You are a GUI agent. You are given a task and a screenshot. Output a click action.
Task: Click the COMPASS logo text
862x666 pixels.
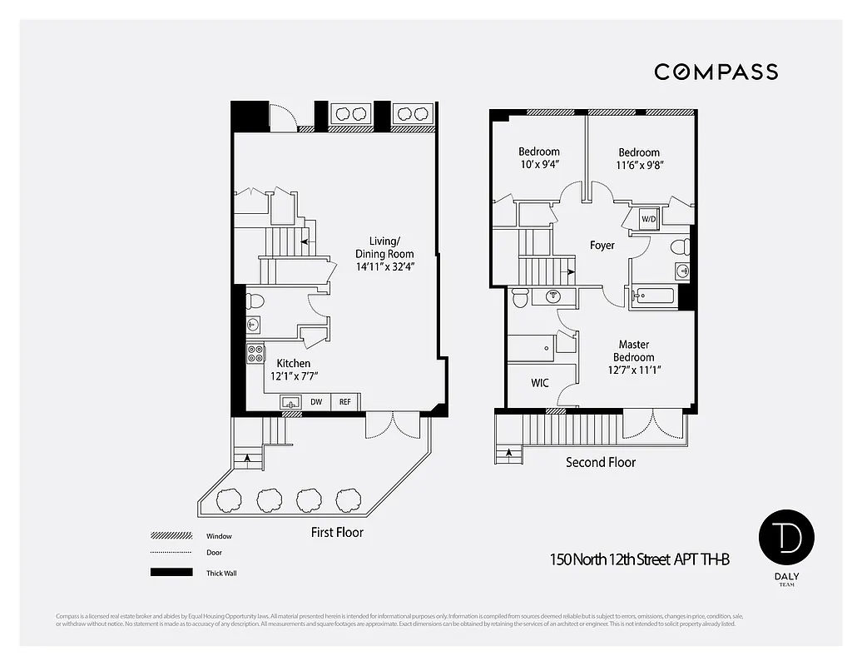coord(716,72)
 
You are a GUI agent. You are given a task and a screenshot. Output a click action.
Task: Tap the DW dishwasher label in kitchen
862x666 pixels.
coord(316,402)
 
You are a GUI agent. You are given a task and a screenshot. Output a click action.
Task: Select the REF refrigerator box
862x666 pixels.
coord(344,402)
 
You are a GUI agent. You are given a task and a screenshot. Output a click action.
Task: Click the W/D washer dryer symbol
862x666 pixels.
coord(648,220)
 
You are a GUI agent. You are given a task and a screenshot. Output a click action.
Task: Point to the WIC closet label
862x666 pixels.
coord(540,383)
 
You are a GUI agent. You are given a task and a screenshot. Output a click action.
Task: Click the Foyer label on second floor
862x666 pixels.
coord(602,246)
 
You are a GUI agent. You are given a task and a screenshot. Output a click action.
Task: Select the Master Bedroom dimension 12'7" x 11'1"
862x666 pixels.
coord(634,370)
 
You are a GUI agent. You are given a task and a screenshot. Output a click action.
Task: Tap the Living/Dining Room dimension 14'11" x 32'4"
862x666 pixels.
coord(384,268)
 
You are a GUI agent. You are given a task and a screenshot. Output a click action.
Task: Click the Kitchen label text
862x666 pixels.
coord(294,364)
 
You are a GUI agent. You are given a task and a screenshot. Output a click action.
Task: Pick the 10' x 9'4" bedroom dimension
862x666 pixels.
coord(539,165)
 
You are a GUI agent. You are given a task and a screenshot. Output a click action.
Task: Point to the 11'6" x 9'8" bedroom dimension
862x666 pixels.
coord(639,165)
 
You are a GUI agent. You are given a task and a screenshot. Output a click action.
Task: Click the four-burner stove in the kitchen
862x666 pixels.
coord(255,353)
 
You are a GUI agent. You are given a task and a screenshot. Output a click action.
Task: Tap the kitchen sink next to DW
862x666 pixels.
coord(290,402)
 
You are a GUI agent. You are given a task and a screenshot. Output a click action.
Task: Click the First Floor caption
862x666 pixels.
coord(337,532)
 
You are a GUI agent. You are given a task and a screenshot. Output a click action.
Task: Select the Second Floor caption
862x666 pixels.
coord(601,462)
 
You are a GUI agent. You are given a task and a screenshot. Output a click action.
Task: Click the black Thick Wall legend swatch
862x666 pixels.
coord(171,573)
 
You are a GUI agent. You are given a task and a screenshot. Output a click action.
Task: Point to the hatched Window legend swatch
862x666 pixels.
coord(171,536)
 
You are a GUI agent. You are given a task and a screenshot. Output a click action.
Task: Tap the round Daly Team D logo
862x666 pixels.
coord(786,539)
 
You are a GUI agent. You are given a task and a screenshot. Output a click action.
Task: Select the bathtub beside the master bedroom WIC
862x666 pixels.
coord(532,349)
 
